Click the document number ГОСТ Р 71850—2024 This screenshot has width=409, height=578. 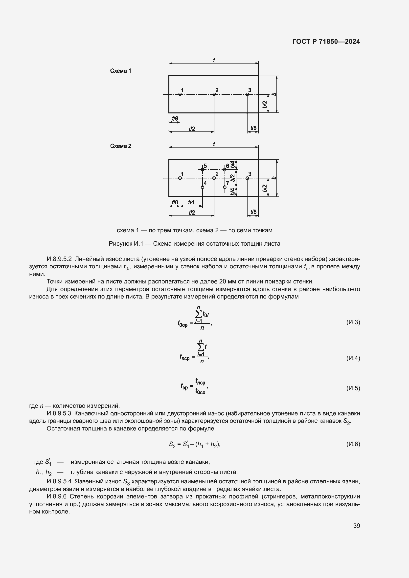point(326,42)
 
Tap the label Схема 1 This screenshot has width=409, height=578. point(121,71)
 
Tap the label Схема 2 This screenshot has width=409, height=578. point(121,146)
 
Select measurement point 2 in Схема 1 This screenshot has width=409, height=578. point(214,94)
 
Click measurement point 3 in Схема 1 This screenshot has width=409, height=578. point(247,94)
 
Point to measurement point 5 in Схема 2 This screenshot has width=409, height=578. point(203,170)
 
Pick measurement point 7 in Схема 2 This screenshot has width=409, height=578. point(225,187)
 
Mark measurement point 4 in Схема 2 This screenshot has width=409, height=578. point(203,187)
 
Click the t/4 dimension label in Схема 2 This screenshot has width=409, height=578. point(191,202)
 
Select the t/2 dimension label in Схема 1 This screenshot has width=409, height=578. point(192,129)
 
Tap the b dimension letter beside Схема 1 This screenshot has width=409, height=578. point(274,94)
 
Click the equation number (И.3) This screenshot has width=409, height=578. point(353,322)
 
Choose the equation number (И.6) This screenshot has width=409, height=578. point(353,444)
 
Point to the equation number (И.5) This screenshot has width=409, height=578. point(353,388)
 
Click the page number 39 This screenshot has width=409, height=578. point(357,526)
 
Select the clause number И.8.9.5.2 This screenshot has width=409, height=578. point(59,259)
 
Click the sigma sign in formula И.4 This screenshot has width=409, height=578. point(201,348)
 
